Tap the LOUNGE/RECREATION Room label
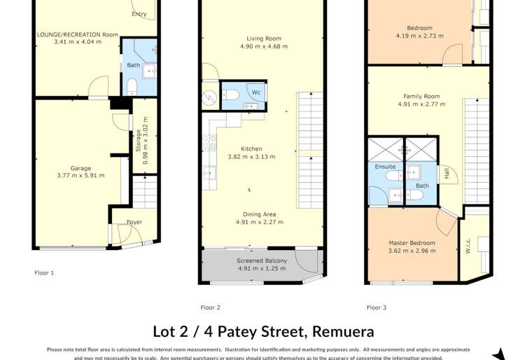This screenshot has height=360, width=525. tap(78, 34)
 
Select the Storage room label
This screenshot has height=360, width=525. tap(138, 141)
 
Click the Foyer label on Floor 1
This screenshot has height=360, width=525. tap(134, 223)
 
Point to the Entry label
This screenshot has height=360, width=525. tap(139, 14)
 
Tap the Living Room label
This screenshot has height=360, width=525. tap(263, 39)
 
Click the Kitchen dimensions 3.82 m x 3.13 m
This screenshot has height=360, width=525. tap(251, 157)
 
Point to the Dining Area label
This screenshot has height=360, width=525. tap(259, 214)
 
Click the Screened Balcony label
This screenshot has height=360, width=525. tap(261, 261)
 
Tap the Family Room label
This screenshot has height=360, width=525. tap(421, 96)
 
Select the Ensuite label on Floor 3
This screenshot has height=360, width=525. tap(385, 167)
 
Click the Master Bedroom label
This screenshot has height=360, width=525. tap(412, 243)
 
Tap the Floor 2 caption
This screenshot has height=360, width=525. tap(210, 307)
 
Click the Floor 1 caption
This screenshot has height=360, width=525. tap(44, 272)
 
